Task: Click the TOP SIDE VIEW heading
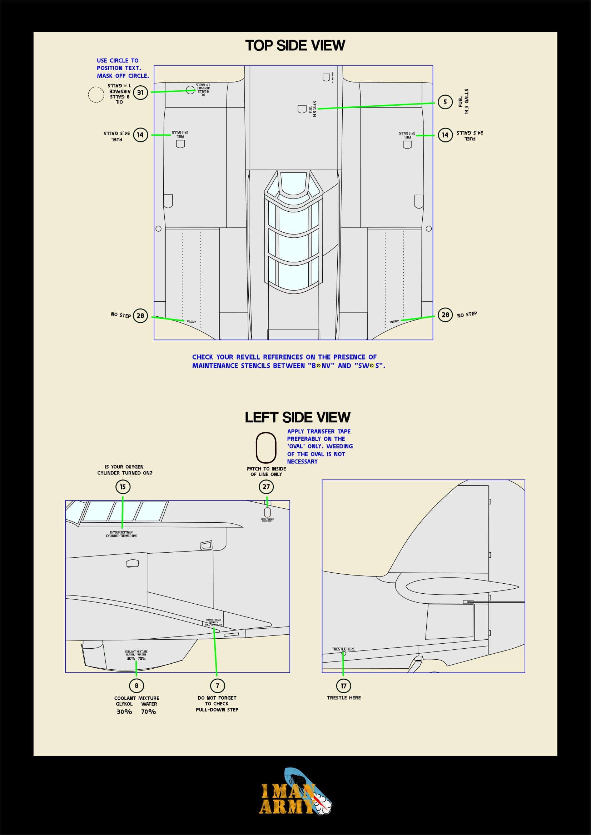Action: pyautogui.click(x=295, y=45)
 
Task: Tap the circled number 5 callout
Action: pyautogui.click(x=445, y=102)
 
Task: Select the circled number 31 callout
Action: pyautogui.click(x=140, y=93)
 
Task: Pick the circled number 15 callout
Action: pyautogui.click(x=123, y=487)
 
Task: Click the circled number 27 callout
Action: pyautogui.click(x=267, y=487)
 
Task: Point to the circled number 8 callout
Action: pyautogui.click(x=136, y=686)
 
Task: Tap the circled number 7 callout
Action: pyautogui.click(x=217, y=686)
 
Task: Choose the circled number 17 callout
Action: pyautogui.click(x=343, y=686)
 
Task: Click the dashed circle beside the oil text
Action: pyautogui.click(x=96, y=95)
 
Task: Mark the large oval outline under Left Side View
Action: pyautogui.click(x=266, y=447)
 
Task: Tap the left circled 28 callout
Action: pyautogui.click(x=140, y=316)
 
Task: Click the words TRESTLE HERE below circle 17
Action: pyautogui.click(x=344, y=698)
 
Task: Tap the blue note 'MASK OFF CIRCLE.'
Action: pyautogui.click(x=123, y=76)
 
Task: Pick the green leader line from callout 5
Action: pyautogui.click(x=375, y=106)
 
